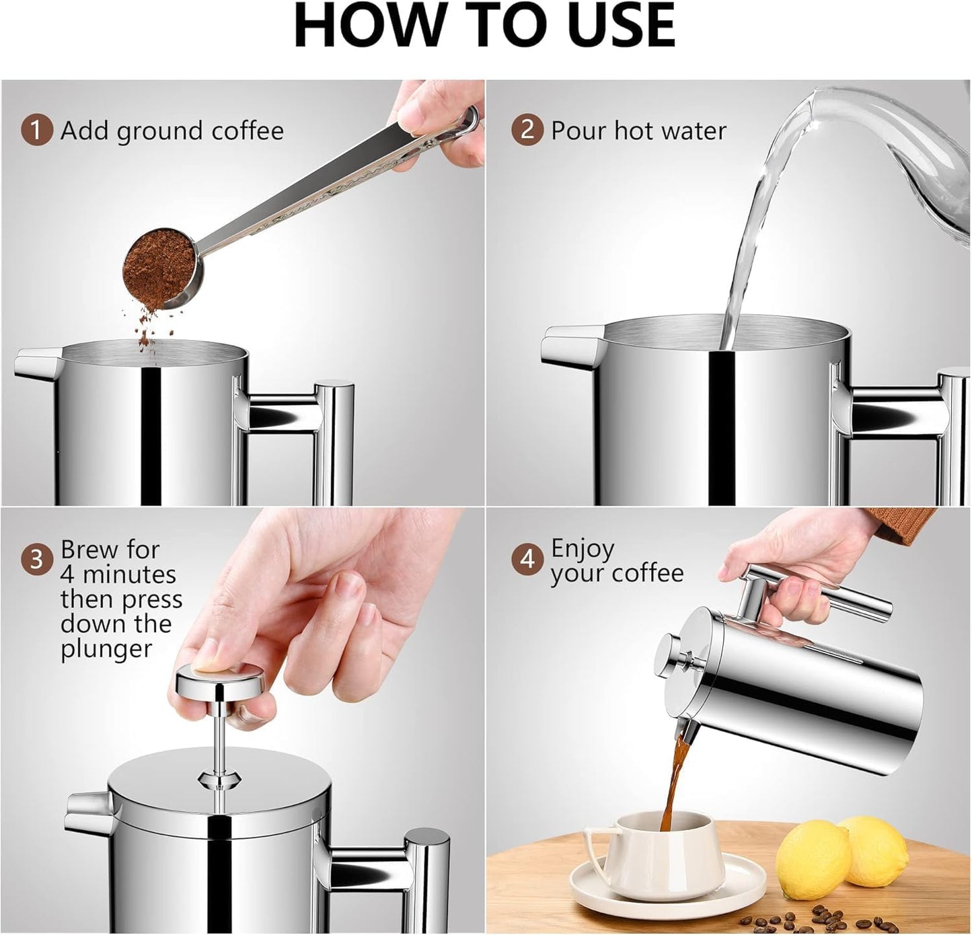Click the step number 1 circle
tap(36, 130)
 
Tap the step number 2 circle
tap(527, 130)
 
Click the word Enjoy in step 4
tap(582, 550)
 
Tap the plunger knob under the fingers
tap(220, 680)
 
